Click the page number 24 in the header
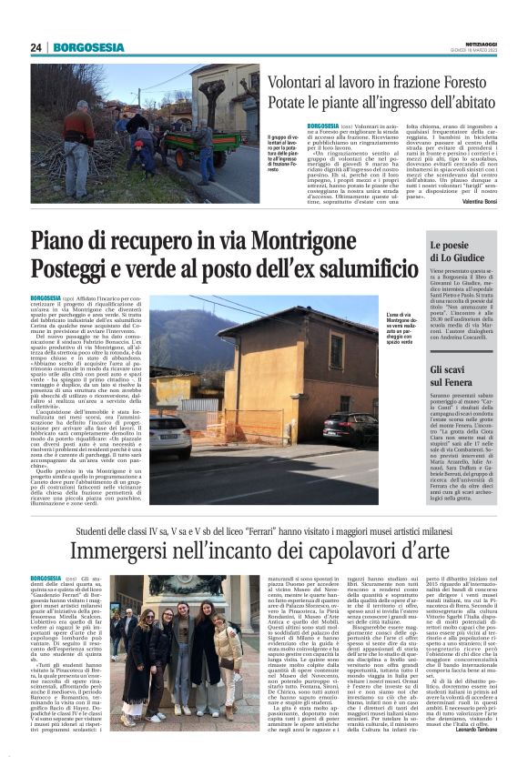(x=36, y=47)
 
